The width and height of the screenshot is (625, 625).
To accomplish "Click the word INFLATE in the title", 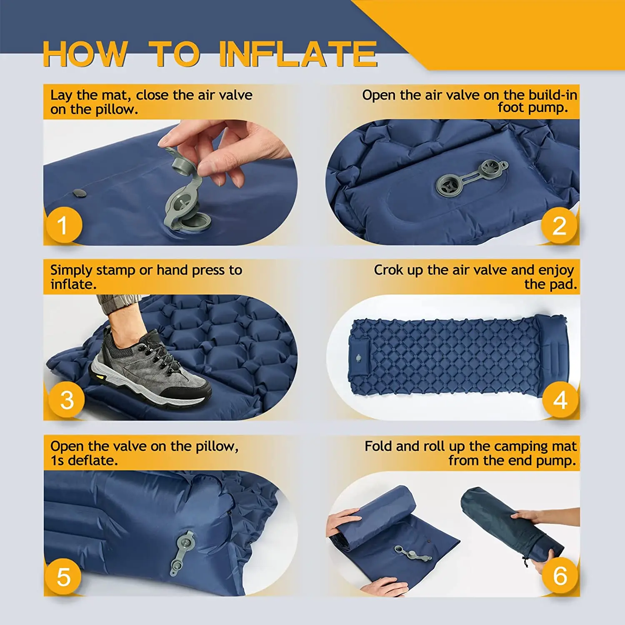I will pos(298,54).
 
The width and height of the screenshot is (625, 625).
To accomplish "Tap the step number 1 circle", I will pos(63,225).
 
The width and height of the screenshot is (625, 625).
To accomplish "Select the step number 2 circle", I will pos(559,225).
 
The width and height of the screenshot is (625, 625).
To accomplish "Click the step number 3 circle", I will pos(67,400).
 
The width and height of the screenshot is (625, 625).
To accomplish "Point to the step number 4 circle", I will pos(560,400).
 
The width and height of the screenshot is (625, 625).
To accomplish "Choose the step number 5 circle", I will pos(63,577).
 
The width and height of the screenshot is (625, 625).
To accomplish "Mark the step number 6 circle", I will pos(560,575).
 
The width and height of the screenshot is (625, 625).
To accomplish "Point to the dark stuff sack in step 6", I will pos(508,525).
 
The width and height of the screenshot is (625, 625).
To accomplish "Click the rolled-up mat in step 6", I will pos(379,512).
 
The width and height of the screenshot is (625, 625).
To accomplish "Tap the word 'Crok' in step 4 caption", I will pos(388,270).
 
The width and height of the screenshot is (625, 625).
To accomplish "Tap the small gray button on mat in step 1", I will pos(78,193).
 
